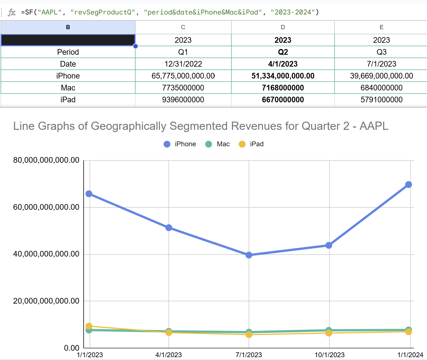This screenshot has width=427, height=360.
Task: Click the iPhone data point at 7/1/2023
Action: click(x=249, y=255)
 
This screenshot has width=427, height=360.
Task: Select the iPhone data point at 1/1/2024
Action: click(x=408, y=185)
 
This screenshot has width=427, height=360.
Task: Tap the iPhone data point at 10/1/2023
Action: click(x=329, y=245)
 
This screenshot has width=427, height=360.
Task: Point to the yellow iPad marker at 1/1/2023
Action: click(x=89, y=326)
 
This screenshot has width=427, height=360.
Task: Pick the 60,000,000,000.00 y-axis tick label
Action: click(x=46, y=207)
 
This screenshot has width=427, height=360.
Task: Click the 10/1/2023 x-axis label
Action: click(x=329, y=355)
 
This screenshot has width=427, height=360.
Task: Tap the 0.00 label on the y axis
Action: click(x=71, y=348)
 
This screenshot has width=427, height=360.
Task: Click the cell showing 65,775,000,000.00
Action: click(x=183, y=76)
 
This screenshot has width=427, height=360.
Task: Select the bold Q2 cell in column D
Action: click(x=283, y=52)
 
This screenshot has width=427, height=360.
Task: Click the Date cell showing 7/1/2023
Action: click(x=381, y=64)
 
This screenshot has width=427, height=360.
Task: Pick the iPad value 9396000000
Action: click(x=183, y=99)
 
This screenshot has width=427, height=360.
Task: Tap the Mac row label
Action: click(x=68, y=88)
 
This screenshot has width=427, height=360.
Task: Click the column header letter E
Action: click(x=381, y=27)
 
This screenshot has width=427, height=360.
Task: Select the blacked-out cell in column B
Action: click(x=68, y=40)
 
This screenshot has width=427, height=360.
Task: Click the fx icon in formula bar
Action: click(x=12, y=12)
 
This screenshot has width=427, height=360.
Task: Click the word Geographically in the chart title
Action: click(x=128, y=126)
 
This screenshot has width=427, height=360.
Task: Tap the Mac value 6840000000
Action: click(x=381, y=88)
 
